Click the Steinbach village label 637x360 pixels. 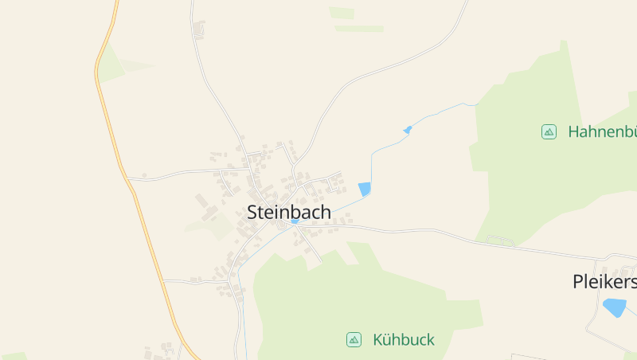[289, 213]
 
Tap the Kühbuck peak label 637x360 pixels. [403, 340]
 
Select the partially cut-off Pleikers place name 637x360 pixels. [604, 282]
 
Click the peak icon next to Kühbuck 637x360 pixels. [354, 340]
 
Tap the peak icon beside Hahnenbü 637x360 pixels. [549, 131]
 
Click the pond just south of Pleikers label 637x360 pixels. [614, 307]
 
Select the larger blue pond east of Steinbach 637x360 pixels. [365, 189]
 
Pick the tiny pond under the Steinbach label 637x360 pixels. [294, 221]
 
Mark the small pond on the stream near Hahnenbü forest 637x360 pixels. [408, 129]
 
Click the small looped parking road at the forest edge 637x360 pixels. [499, 239]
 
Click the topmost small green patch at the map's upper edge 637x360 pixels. [342, 13]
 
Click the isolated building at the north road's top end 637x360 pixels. [199, 30]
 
